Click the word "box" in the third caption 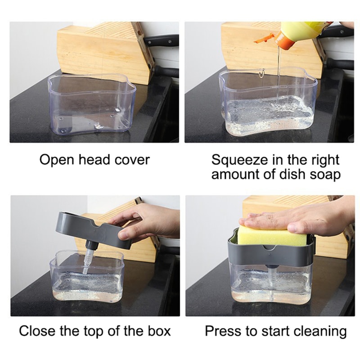click(159, 332)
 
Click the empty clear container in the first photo click(90, 106)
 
